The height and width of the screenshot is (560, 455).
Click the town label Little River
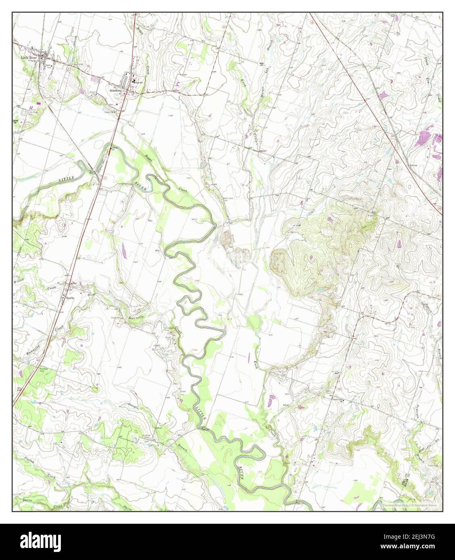point(31,58)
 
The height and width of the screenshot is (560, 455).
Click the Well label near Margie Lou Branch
point(261,63)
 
